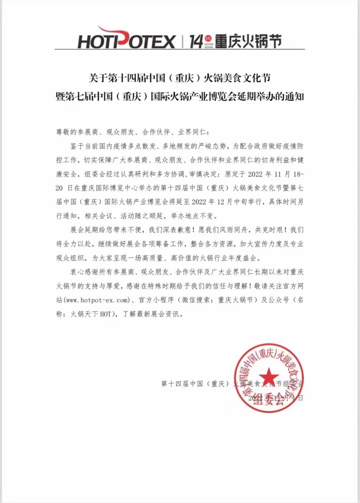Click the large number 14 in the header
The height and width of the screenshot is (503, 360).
(196, 41)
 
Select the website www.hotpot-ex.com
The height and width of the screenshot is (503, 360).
(97, 300)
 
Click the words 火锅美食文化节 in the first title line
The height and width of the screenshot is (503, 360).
(237, 78)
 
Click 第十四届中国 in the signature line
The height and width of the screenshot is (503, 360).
(182, 384)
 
